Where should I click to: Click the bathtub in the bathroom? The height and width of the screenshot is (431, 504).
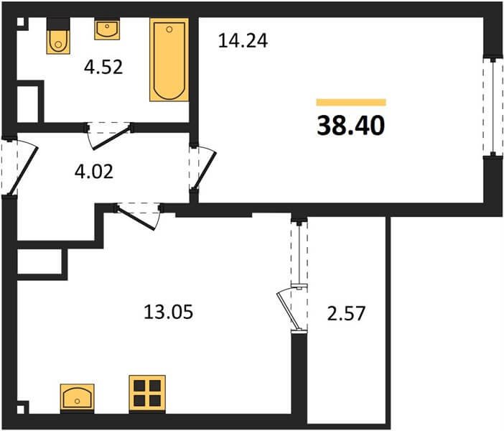click(x=169, y=60)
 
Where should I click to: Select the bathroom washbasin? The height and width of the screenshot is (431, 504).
click(x=108, y=29)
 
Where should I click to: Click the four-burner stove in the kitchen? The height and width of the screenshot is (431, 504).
click(x=147, y=394)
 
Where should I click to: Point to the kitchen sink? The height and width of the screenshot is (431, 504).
click(x=77, y=397)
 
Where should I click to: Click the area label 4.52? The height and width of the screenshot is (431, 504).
click(x=103, y=68)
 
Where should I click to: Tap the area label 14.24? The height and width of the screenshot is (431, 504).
click(x=243, y=41)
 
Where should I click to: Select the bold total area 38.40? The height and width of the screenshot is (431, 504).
click(x=350, y=126)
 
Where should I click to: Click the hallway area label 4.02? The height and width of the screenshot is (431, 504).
click(x=94, y=172)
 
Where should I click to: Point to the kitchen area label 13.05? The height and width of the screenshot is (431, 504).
click(x=169, y=312)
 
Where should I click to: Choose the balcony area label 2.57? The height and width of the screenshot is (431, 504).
click(x=346, y=314)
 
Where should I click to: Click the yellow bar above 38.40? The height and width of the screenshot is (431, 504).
click(x=351, y=102)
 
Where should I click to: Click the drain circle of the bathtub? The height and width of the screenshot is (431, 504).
click(x=169, y=29)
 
